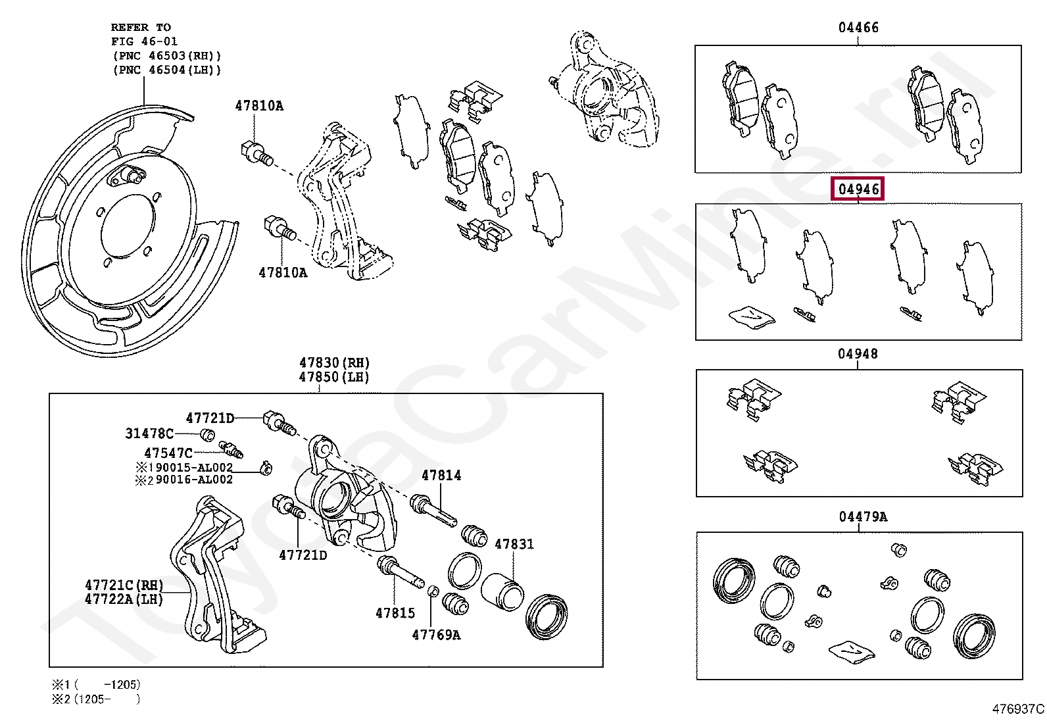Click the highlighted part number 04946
tap(858, 189)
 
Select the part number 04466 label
tap(858, 28)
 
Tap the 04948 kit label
tap(857, 354)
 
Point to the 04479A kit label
tap(862, 517)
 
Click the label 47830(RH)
tap(334, 362)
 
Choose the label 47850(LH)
tap(333, 377)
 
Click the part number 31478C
tap(149, 434)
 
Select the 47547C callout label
tap(168, 453)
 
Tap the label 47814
tap(441, 476)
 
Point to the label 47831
tap(514, 544)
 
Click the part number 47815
tap(395, 613)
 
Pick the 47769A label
tap(436, 635)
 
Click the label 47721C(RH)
tap(124, 585)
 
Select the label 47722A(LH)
tap(124, 599)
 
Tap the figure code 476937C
tap(1017, 709)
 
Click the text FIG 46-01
tap(144, 41)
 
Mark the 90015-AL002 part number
tap(194, 468)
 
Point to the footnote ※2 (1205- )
tap(96, 699)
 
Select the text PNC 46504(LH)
tap(167, 70)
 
